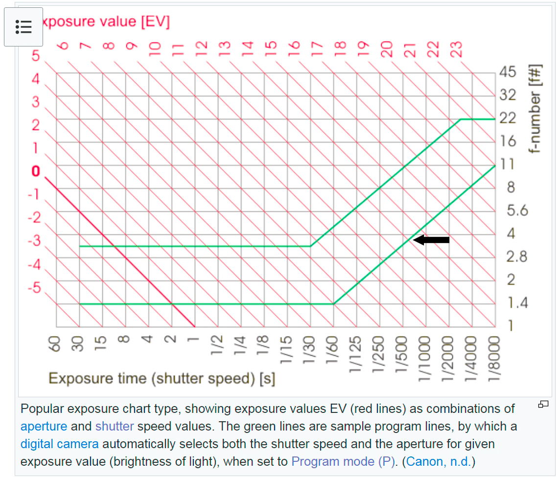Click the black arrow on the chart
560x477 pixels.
click(431, 240)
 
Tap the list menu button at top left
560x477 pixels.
click(23, 27)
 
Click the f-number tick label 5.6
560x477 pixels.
click(517, 210)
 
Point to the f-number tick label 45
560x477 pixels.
click(508, 72)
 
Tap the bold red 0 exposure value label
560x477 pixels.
click(35, 171)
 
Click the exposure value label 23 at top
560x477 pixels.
click(456, 49)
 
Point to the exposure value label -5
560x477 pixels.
click(34, 287)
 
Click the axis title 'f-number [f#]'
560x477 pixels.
click(537, 109)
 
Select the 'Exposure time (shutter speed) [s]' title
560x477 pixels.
click(162, 378)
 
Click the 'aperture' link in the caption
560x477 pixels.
click(44, 426)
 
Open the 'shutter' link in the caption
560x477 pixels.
click(115, 426)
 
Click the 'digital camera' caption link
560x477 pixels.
click(59, 444)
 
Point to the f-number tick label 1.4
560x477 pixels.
click(517, 303)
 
